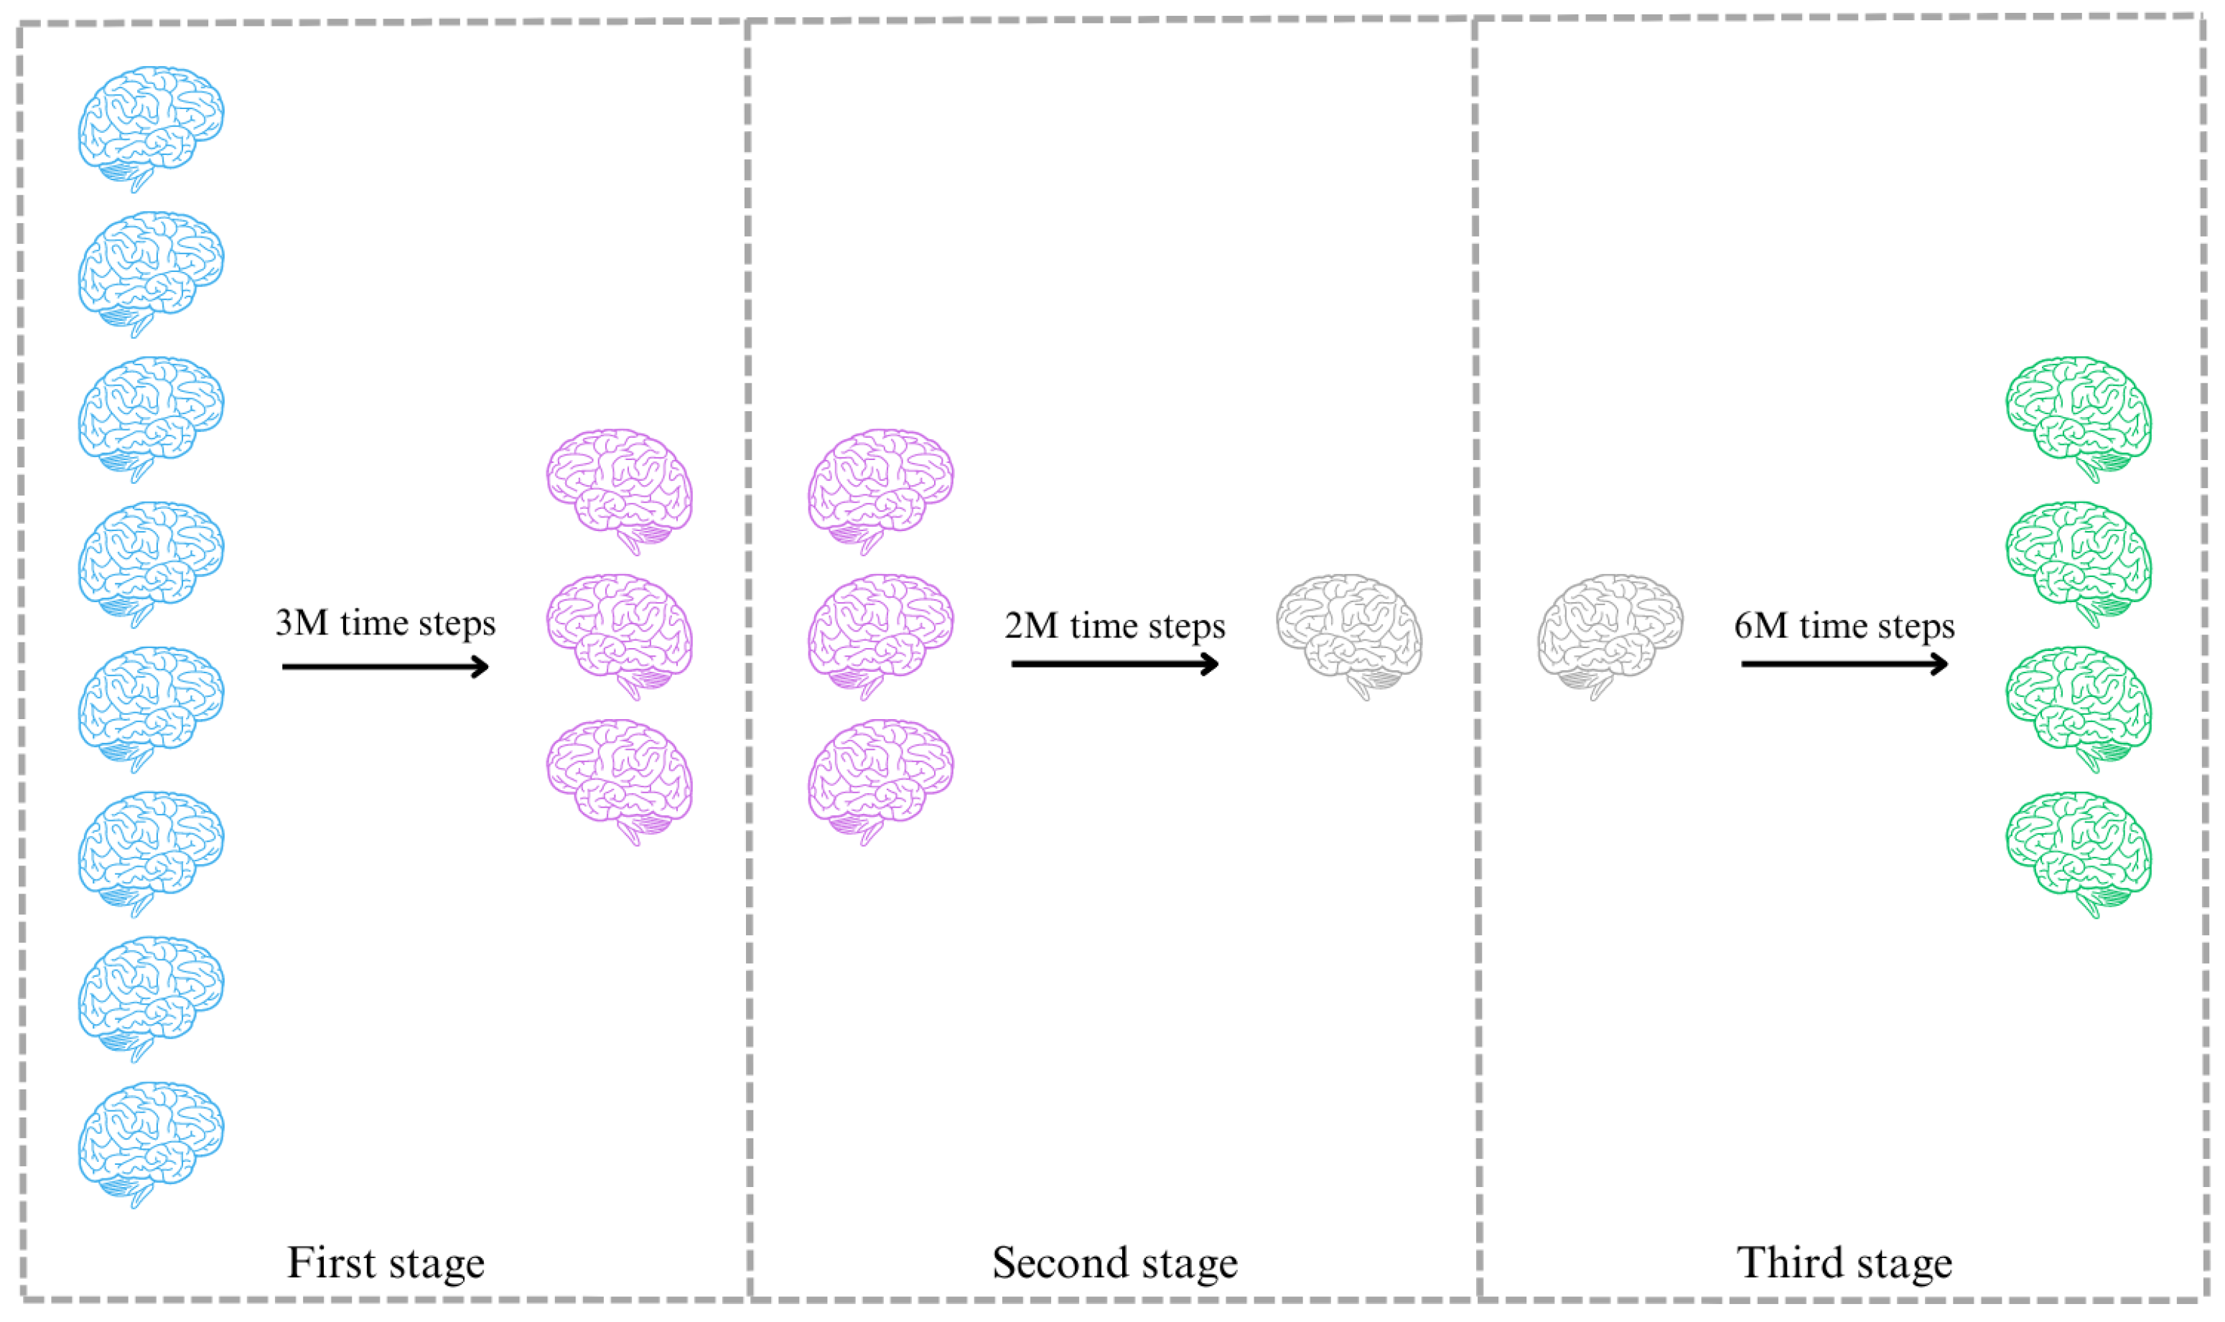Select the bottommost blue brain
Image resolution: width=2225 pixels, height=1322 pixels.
point(151,1141)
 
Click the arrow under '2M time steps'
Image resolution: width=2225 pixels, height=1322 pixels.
point(1114,664)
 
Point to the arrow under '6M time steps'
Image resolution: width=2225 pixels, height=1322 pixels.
point(1844,664)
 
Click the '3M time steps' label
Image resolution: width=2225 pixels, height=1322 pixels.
point(385,623)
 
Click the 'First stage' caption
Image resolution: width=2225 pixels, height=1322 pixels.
point(385,1262)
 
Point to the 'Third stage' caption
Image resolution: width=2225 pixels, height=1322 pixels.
point(1844,1262)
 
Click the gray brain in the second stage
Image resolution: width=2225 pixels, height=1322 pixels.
point(1348,634)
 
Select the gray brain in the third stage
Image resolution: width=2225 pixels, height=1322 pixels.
point(1609,634)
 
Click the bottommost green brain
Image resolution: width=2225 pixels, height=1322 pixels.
point(2078,850)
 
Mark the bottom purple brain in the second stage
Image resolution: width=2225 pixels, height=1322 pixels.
point(880,778)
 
